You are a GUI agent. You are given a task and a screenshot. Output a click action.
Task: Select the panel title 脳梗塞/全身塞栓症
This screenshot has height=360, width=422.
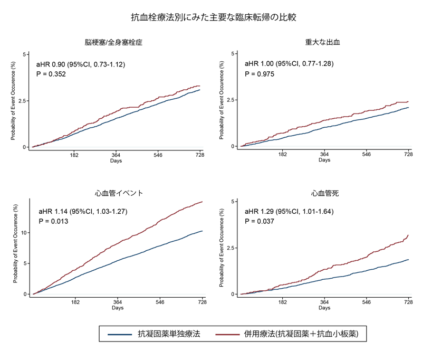(113, 42)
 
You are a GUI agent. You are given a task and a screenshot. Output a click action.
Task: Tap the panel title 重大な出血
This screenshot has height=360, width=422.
(322, 42)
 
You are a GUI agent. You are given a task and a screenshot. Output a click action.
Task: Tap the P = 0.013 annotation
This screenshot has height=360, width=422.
(54, 221)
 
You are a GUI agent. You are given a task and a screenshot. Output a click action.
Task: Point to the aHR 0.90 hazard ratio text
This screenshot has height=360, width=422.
(81, 64)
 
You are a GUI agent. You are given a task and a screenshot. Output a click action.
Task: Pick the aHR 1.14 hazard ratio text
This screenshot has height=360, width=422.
(83, 212)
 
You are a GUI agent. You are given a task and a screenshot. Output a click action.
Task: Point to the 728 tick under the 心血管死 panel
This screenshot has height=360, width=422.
(408, 301)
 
